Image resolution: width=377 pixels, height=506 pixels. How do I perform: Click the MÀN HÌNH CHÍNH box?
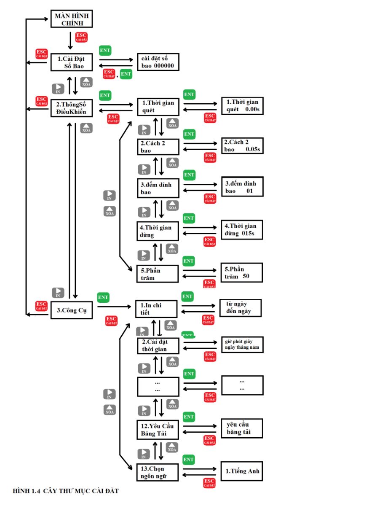(x=71, y=19)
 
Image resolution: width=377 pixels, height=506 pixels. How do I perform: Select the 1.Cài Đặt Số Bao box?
(x=71, y=62)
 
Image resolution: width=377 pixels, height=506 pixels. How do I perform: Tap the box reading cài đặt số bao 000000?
(x=158, y=62)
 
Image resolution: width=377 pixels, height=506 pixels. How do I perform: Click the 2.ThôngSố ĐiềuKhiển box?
(x=71, y=108)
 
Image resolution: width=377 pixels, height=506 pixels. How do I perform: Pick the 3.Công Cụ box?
(x=71, y=310)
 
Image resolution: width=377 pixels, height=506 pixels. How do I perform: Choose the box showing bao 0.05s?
(x=242, y=146)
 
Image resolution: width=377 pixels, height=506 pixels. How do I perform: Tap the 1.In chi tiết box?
(x=155, y=308)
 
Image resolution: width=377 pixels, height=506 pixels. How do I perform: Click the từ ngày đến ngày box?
(x=241, y=308)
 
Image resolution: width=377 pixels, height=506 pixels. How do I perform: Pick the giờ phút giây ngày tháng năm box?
(x=242, y=344)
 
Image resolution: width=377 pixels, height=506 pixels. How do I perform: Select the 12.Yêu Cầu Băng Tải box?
(x=158, y=430)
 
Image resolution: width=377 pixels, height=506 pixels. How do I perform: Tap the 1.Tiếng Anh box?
(x=242, y=472)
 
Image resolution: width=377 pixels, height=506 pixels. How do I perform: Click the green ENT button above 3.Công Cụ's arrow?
(x=103, y=297)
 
